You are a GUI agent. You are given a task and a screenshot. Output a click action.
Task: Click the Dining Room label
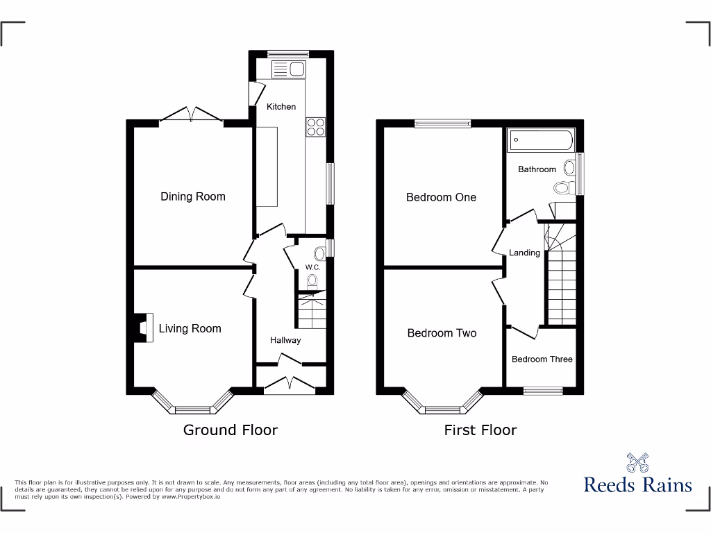click(x=192, y=196)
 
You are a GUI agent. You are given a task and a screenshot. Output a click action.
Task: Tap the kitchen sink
click(x=289, y=69)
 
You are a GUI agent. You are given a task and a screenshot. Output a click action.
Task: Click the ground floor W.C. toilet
click(x=312, y=280)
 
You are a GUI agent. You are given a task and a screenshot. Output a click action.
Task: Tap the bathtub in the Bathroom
click(x=541, y=140)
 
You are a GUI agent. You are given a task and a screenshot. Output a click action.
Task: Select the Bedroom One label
click(x=441, y=197)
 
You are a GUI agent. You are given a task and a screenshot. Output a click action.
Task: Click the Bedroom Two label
click(x=442, y=333)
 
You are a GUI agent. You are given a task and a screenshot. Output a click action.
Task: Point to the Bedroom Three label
click(x=542, y=359)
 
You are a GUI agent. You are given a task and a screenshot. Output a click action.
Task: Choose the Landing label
click(x=524, y=253)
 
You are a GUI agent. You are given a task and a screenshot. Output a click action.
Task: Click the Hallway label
click(x=285, y=340)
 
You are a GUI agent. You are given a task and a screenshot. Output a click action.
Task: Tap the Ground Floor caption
click(x=230, y=430)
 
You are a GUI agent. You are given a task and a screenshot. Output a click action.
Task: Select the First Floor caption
click(x=480, y=430)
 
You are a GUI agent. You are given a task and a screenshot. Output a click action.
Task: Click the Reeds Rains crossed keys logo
click(x=637, y=463)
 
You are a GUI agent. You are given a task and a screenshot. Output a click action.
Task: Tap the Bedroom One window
click(x=442, y=124)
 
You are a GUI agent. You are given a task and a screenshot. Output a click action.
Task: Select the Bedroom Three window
click(x=542, y=391)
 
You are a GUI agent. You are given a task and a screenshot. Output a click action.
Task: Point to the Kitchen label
click(x=281, y=106)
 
